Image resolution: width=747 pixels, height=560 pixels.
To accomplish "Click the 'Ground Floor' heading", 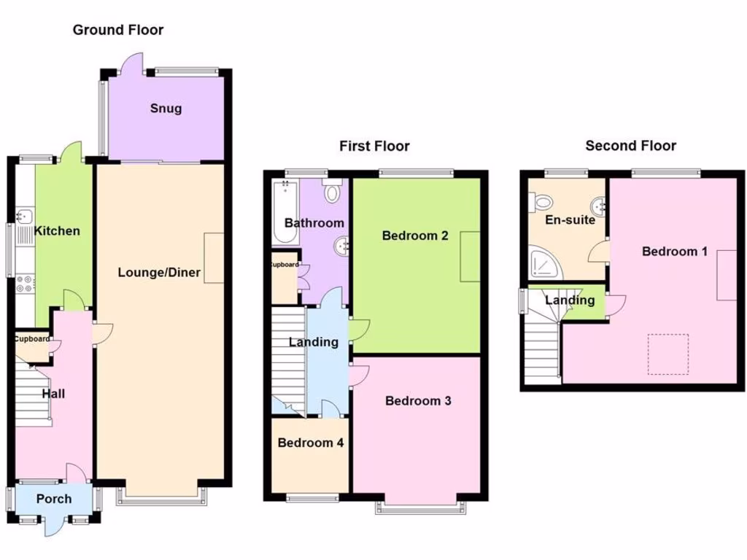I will coord(117,30).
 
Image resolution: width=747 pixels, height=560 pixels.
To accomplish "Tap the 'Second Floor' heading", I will coord(630,146).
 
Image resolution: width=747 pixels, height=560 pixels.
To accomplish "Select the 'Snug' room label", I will coord(166,109).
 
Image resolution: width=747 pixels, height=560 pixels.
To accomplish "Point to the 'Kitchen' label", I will coord(58,231).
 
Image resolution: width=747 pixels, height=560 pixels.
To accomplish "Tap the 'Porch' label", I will coord(54,499).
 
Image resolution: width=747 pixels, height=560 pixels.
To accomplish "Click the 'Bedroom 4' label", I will coord(311,442).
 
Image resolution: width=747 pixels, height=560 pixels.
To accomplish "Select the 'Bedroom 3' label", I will coord(418,400).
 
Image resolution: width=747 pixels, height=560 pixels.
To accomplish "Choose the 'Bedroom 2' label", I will coord(414,236).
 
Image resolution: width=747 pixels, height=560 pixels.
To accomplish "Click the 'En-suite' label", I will coord(570,219).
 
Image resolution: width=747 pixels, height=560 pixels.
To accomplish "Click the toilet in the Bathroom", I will coord(333,192).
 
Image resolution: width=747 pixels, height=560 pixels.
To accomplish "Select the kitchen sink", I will coord(23,217).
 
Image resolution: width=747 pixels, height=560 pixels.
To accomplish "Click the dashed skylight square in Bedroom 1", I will coord(668,354).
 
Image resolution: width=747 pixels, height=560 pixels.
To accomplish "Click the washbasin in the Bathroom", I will coord(341,246).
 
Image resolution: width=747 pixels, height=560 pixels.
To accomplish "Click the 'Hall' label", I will coord(53,394).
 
